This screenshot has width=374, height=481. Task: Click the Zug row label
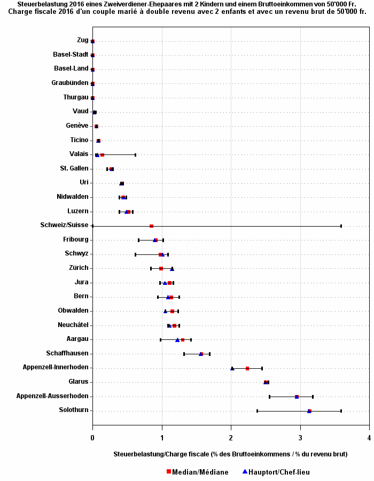click(x=82, y=40)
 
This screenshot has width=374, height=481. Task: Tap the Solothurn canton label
click(x=74, y=410)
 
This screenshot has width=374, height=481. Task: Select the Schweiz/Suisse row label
click(x=64, y=225)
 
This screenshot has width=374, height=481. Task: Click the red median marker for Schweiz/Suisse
click(x=151, y=226)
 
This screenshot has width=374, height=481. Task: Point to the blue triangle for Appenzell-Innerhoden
click(x=232, y=368)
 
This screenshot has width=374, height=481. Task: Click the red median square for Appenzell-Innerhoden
click(x=247, y=368)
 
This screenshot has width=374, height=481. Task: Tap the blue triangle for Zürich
click(x=172, y=269)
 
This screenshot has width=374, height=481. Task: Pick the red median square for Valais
click(x=102, y=155)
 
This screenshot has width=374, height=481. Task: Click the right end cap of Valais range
click(x=135, y=155)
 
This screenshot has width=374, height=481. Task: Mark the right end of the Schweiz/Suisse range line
click(x=341, y=226)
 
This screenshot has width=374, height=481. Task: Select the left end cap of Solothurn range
click(x=257, y=411)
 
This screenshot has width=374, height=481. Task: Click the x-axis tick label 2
click(x=231, y=438)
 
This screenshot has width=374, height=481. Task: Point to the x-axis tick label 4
click(x=369, y=438)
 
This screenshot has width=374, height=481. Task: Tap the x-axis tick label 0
click(x=92, y=438)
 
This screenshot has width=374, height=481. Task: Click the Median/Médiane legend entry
click(x=197, y=472)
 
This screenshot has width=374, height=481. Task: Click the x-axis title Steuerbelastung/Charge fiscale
click(x=230, y=454)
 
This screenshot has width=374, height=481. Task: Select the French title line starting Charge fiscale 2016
click(x=187, y=11)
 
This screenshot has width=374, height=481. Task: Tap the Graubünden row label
click(x=70, y=83)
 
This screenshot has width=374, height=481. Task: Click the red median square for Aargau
click(x=182, y=340)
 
